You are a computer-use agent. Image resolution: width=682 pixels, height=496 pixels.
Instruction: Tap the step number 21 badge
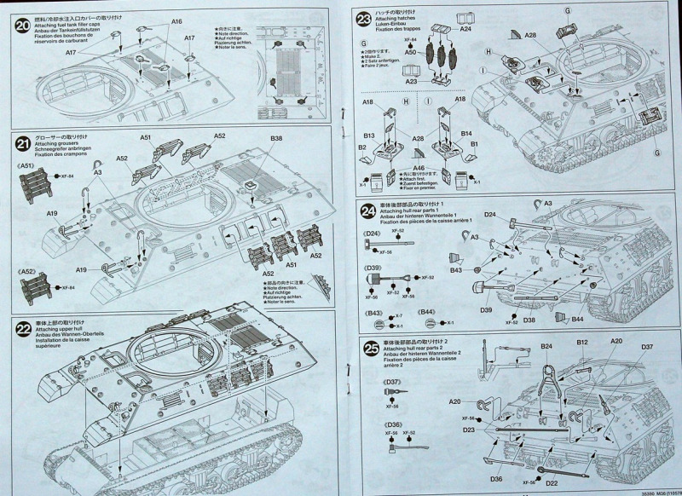coord(23,140)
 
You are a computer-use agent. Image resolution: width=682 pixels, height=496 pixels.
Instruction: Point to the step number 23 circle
coord(364,20)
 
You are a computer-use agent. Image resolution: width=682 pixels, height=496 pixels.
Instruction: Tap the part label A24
coord(465,28)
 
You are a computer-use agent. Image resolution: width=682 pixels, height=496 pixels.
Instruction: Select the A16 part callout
coord(176,20)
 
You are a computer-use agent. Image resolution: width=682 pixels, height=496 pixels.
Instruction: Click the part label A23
coord(410,82)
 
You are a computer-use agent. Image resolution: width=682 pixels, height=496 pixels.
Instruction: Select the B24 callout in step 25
coord(546,346)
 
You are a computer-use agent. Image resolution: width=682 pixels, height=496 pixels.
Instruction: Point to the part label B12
coord(582,342)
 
